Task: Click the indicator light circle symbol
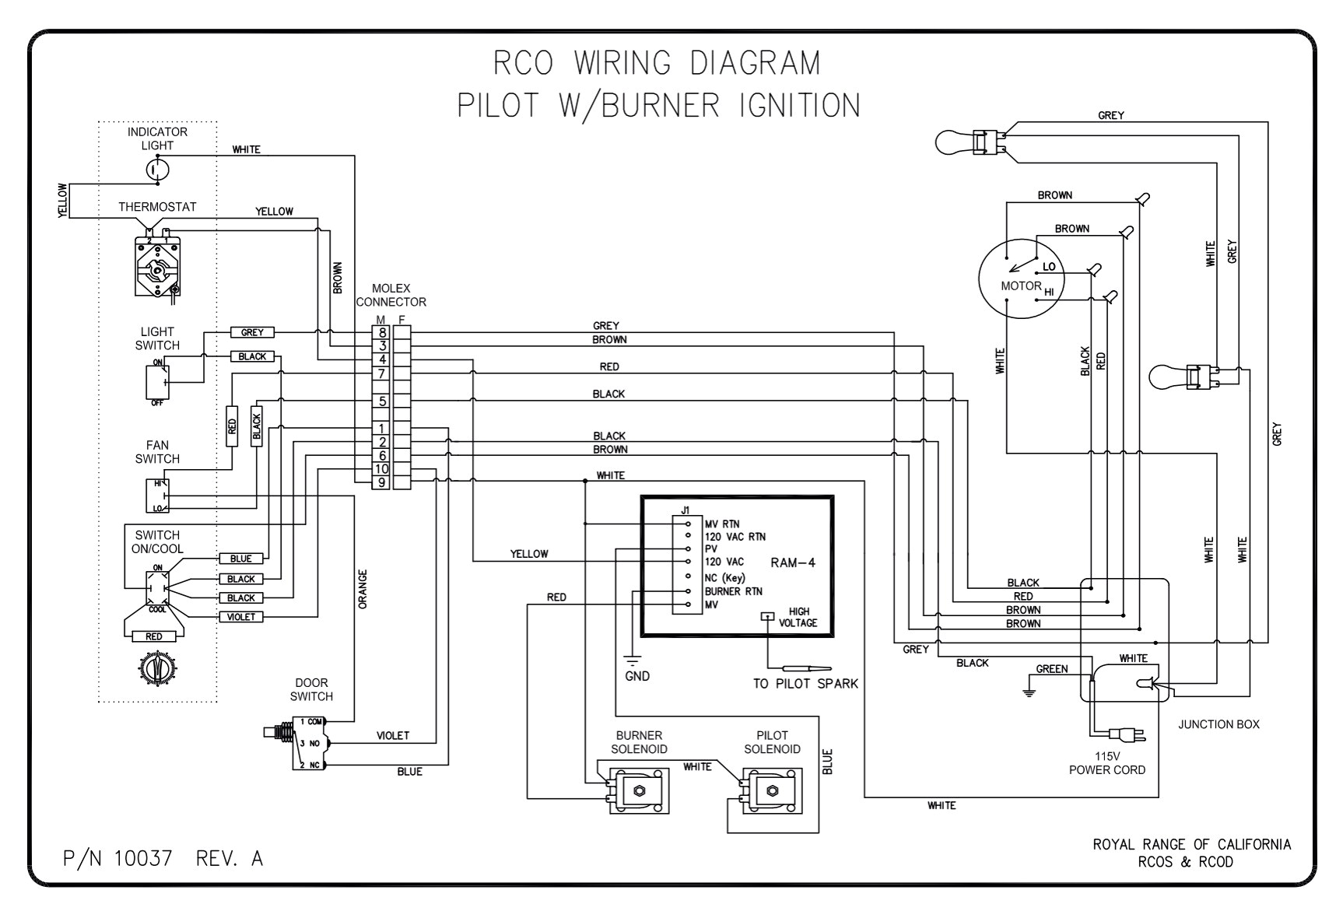click(x=158, y=167)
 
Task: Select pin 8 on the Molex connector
click(x=381, y=332)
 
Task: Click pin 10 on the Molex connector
click(x=381, y=469)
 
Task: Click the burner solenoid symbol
click(x=638, y=790)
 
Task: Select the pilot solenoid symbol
click(x=771, y=790)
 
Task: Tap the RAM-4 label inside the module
click(x=792, y=562)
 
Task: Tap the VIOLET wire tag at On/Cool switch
click(x=240, y=617)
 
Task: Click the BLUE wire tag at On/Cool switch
click(x=240, y=559)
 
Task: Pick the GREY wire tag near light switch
click(x=252, y=332)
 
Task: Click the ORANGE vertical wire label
click(x=363, y=588)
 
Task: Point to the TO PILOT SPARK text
click(x=805, y=684)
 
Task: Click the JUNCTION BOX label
click(x=1218, y=724)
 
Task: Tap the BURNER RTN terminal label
click(x=733, y=591)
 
